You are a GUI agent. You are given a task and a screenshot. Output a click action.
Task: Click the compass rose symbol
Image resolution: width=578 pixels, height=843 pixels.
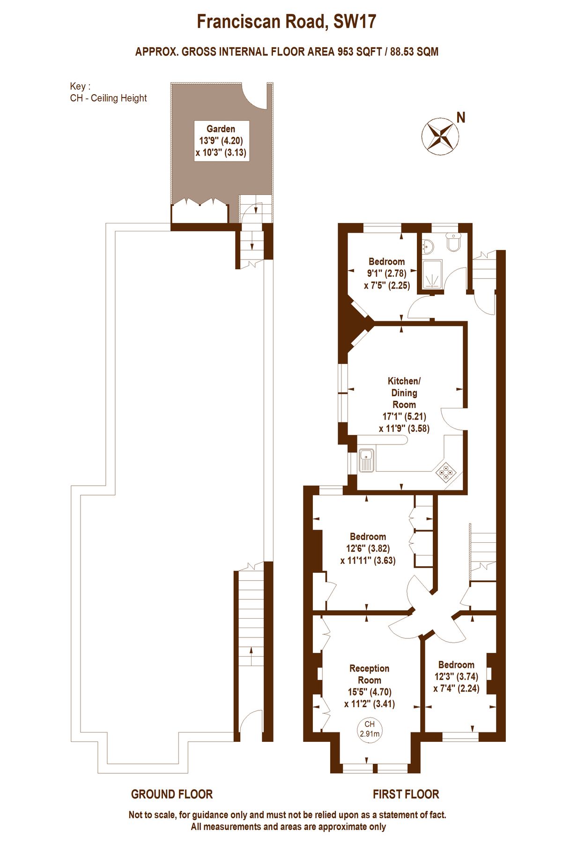(x=439, y=136)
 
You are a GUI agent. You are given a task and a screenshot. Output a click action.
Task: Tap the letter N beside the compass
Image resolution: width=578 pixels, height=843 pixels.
(x=461, y=118)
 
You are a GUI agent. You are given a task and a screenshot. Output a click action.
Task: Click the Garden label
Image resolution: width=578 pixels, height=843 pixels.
(x=221, y=129)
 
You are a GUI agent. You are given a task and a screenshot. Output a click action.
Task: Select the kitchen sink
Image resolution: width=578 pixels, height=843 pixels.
(x=366, y=460)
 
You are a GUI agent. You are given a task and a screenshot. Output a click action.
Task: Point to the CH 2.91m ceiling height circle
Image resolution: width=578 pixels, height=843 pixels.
(x=370, y=729)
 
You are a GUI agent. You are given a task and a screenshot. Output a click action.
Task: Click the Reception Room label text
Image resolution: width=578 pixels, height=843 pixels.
(x=370, y=674)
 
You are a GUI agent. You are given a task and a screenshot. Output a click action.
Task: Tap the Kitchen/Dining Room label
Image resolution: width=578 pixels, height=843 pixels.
(x=404, y=392)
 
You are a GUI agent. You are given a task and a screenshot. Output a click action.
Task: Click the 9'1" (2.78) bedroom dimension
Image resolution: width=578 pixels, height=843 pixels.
(x=386, y=273)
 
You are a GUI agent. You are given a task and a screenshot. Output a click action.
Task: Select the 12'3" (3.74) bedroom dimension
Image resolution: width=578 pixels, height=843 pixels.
(x=456, y=676)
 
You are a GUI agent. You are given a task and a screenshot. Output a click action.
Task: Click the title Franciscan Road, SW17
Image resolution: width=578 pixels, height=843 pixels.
(x=286, y=22)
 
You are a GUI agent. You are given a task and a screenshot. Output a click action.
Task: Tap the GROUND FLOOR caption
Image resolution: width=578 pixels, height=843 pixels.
(x=172, y=794)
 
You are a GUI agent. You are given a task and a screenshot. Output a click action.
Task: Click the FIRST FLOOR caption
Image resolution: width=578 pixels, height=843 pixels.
(x=406, y=794)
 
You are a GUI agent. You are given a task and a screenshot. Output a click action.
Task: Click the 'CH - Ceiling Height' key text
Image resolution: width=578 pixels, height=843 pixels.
(x=108, y=98)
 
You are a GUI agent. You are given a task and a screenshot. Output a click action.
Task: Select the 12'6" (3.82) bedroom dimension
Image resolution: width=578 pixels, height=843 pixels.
(x=368, y=548)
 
